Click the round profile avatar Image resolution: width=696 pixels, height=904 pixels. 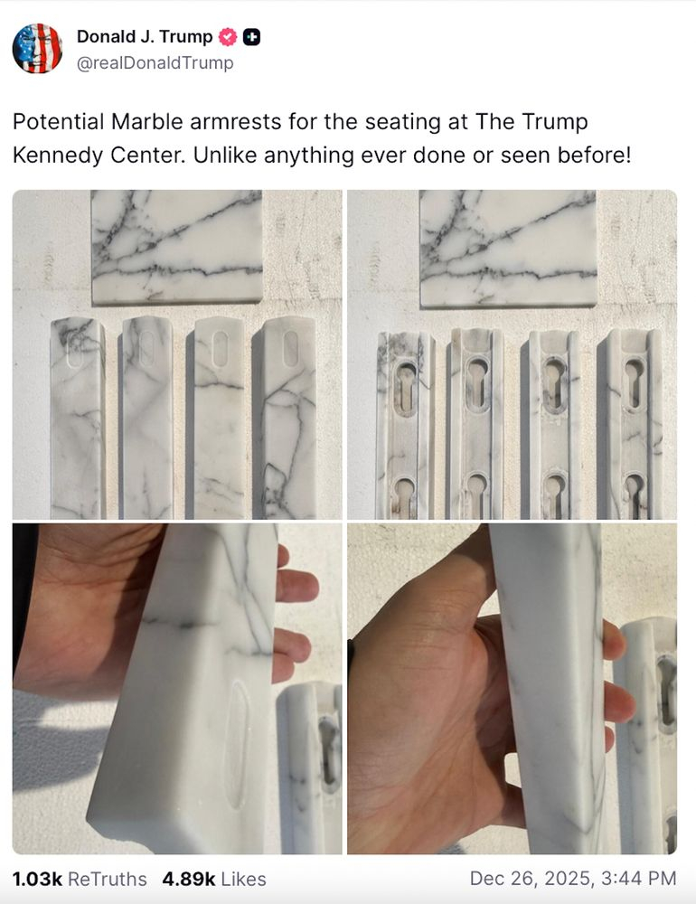pyautogui.click(x=37, y=49)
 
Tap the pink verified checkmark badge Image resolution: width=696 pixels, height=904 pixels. pyautogui.click(x=228, y=37)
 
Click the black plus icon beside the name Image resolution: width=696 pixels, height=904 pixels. pyautogui.click(x=251, y=37)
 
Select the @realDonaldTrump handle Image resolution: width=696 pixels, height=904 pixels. pyautogui.click(x=155, y=63)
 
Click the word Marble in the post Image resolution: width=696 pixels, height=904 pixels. pyautogui.click(x=147, y=122)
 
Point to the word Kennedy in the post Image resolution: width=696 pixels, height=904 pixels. pyautogui.click(x=58, y=155)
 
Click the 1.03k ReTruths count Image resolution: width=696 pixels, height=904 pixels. pyautogui.click(x=80, y=879)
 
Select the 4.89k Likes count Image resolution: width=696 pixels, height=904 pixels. pyautogui.click(x=214, y=879)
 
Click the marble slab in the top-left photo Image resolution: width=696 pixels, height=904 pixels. pyautogui.click(x=176, y=246)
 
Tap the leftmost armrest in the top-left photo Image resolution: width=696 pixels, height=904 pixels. pyautogui.click(x=77, y=418)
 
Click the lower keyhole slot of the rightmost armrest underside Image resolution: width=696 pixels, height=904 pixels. pyautogui.click(x=635, y=495)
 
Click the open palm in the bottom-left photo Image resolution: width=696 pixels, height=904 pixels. pyautogui.click(x=87, y=611)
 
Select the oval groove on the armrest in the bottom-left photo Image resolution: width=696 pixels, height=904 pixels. pyautogui.click(x=237, y=744)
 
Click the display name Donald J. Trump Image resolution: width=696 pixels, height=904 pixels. pyautogui.click(x=145, y=37)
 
